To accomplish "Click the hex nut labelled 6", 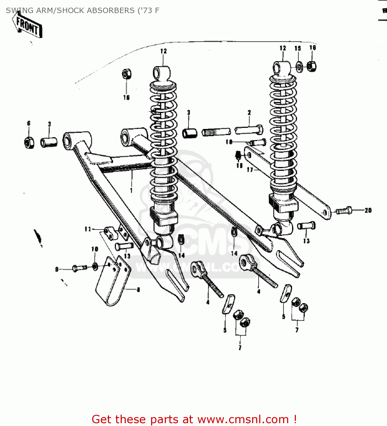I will tap(29, 142).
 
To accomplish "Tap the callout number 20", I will tap(368, 210).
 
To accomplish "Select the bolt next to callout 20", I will tap(344, 211).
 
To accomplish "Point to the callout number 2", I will tap(249, 112).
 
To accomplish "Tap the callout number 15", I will tap(298, 48).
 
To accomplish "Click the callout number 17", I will tap(250, 170).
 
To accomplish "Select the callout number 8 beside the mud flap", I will tap(138, 290).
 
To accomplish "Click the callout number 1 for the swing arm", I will tap(131, 190).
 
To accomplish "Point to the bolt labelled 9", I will tap(80, 268).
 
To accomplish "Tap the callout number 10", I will tap(95, 249).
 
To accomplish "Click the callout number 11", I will tap(88, 229).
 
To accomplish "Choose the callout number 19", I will tap(239, 165).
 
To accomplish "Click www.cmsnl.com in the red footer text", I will tap(243, 419).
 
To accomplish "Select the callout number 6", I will tap(29, 123).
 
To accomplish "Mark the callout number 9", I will tap(57, 269).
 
